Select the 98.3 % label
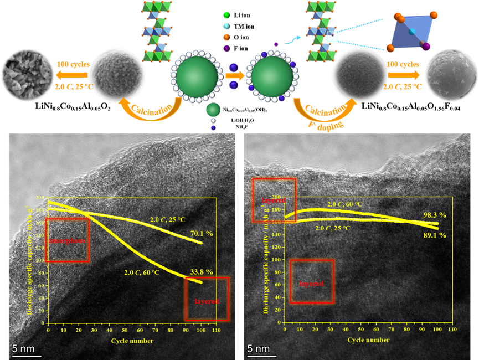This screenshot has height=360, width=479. [x=435, y=214]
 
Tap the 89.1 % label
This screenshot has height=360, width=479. [x=435, y=235]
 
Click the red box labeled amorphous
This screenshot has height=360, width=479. [x=67, y=240]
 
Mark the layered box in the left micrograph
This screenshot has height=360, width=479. [x=207, y=299]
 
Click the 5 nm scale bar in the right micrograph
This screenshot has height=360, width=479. [x=259, y=350]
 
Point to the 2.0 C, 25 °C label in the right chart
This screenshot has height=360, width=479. [x=334, y=228]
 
